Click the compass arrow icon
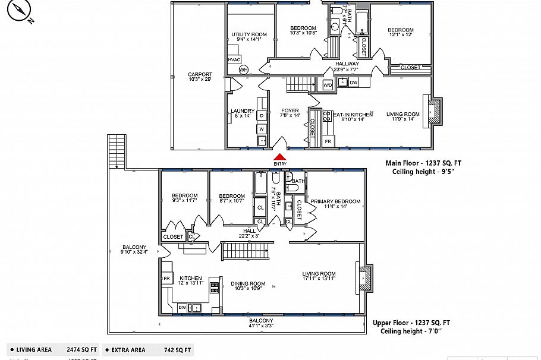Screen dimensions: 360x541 coord(21,10)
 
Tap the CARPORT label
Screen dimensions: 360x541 coord(200,75)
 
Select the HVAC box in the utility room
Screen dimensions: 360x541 coord(233,60)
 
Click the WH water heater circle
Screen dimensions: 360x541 coord(243,70)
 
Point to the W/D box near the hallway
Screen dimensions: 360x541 coord(328,85)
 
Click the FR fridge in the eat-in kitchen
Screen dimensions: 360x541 coord(328,142)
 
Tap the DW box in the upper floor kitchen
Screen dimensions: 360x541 coord(182,307)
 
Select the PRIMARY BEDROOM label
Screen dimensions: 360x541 coord(335,201)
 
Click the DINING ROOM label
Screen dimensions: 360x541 coord(248,283)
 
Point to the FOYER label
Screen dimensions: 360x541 coord(290,110)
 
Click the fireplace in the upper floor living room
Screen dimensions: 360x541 coord(366,277)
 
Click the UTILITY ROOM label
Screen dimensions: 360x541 coord(249,35)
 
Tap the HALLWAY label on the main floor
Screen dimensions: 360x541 coord(347,64)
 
